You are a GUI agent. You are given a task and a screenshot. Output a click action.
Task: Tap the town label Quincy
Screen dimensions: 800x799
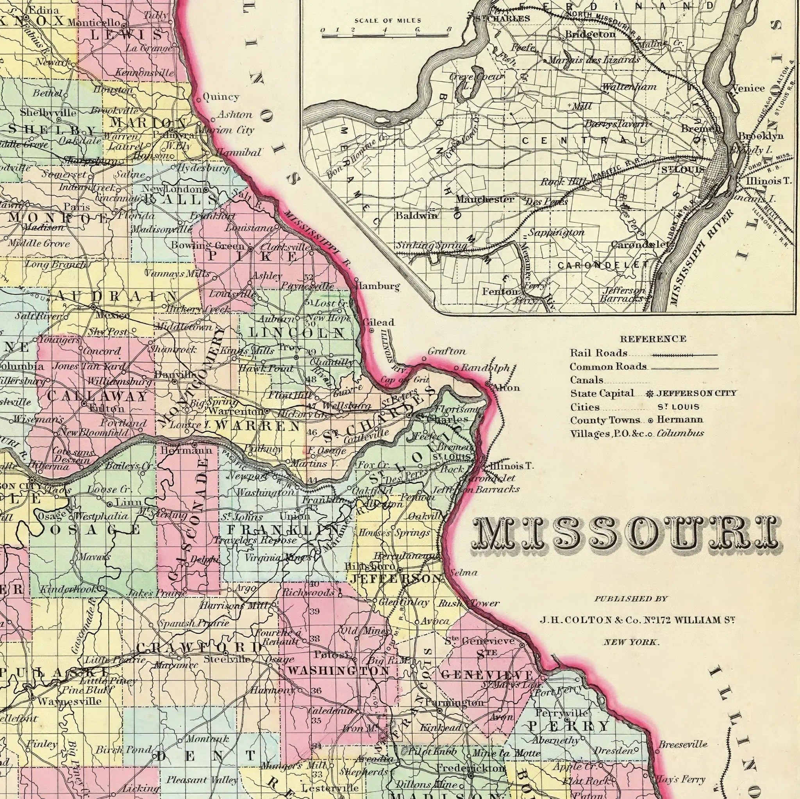tap(221, 97)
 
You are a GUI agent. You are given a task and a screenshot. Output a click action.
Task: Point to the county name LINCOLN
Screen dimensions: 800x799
tap(297, 333)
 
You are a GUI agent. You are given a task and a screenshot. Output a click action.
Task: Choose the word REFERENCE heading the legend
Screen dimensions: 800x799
tap(653, 339)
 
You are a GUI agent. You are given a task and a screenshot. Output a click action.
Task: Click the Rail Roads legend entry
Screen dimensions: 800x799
tap(598, 353)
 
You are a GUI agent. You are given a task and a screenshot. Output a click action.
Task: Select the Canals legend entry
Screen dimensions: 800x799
tap(586, 380)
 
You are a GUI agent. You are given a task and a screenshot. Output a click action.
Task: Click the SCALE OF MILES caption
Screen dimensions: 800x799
tap(387, 21)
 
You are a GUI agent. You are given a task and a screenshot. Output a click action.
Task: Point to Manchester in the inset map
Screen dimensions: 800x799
tap(485, 199)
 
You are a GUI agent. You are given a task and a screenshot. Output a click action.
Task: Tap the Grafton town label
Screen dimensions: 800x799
tap(447, 352)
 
